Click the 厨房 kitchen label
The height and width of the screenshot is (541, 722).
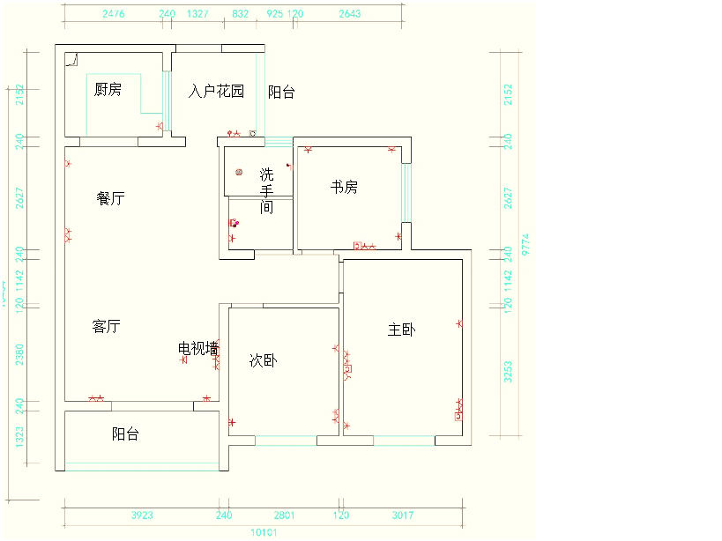(x=108, y=89)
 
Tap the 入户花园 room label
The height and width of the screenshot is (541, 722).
(x=216, y=91)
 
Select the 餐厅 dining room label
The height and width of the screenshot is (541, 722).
(x=110, y=198)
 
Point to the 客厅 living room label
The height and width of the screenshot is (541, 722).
(x=106, y=326)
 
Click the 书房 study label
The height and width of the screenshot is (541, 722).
(x=344, y=187)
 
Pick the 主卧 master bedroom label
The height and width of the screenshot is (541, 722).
(x=401, y=330)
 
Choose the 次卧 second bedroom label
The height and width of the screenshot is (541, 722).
(x=263, y=359)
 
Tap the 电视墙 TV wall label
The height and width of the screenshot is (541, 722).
(x=198, y=348)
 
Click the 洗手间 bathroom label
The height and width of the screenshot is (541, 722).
(x=266, y=190)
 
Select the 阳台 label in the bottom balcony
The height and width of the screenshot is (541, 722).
(x=125, y=434)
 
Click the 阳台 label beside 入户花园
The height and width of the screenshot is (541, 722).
(x=281, y=92)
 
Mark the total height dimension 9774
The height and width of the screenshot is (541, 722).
(x=525, y=243)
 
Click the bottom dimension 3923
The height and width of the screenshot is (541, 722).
(x=142, y=515)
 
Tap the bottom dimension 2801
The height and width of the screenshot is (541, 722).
(x=284, y=515)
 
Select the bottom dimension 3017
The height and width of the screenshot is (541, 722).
(x=402, y=515)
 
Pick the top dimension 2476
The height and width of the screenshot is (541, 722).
(x=114, y=14)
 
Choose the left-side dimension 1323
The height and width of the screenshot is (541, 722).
(x=19, y=437)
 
